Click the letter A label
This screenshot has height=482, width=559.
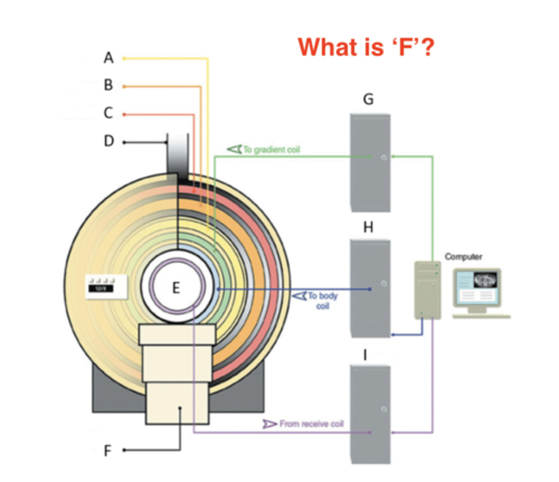[x=108, y=58]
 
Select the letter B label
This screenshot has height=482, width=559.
[x=108, y=85]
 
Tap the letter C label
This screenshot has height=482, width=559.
[x=108, y=113]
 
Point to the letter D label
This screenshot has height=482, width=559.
[x=109, y=141]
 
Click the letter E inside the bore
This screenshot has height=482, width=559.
[x=176, y=288]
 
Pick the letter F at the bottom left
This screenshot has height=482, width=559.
[x=107, y=451]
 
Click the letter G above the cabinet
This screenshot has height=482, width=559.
[x=368, y=99]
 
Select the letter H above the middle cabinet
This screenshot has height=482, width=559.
[x=368, y=227]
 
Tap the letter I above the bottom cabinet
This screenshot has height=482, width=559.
[x=365, y=355]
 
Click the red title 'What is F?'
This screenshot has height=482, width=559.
[x=366, y=47]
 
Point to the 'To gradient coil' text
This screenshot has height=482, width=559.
[x=271, y=150]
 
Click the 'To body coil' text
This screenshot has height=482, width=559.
[x=323, y=300]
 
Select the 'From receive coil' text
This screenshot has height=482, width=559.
[x=312, y=424]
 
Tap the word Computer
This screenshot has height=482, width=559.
[x=463, y=257]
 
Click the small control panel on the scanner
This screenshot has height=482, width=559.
[x=107, y=287]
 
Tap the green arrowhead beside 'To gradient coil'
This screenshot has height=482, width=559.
[x=235, y=149]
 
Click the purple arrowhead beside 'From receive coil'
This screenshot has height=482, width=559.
[x=269, y=424]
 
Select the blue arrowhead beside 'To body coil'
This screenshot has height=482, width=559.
[x=300, y=296]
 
